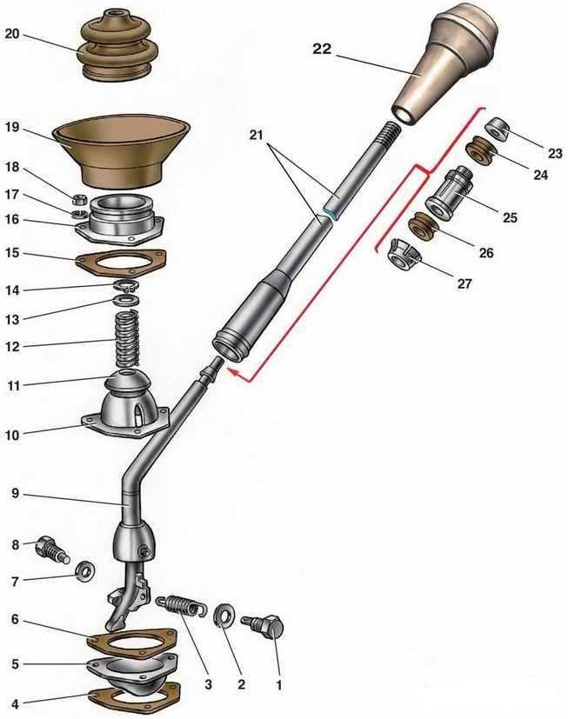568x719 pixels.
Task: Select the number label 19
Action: (12, 127)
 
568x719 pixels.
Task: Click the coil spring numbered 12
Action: (127, 338)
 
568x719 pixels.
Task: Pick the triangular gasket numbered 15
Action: (121, 262)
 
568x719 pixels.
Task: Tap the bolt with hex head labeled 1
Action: (263, 626)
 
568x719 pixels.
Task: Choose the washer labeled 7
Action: (85, 571)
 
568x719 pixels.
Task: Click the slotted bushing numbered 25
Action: (449, 193)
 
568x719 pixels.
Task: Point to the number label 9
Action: (15, 494)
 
